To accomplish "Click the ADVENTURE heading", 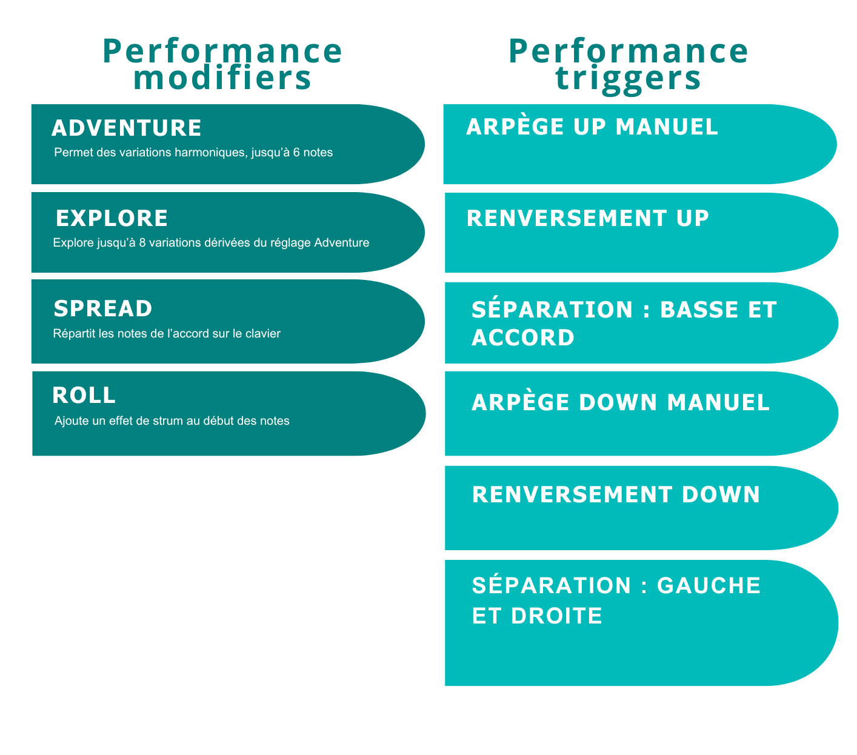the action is [x=127, y=128].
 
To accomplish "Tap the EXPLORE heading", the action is [x=112, y=218].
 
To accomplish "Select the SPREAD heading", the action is [x=103, y=308].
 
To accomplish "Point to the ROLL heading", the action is [x=84, y=395].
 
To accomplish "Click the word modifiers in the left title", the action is [x=222, y=78].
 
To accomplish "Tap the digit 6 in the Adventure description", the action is [x=296, y=152].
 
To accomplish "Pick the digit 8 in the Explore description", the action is [x=142, y=243].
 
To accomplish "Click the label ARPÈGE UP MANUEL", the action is [x=592, y=126].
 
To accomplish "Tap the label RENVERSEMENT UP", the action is [x=587, y=218].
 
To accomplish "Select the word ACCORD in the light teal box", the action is [x=523, y=338].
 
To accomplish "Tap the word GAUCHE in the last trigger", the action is [x=709, y=585].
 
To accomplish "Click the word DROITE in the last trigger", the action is [x=556, y=616].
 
